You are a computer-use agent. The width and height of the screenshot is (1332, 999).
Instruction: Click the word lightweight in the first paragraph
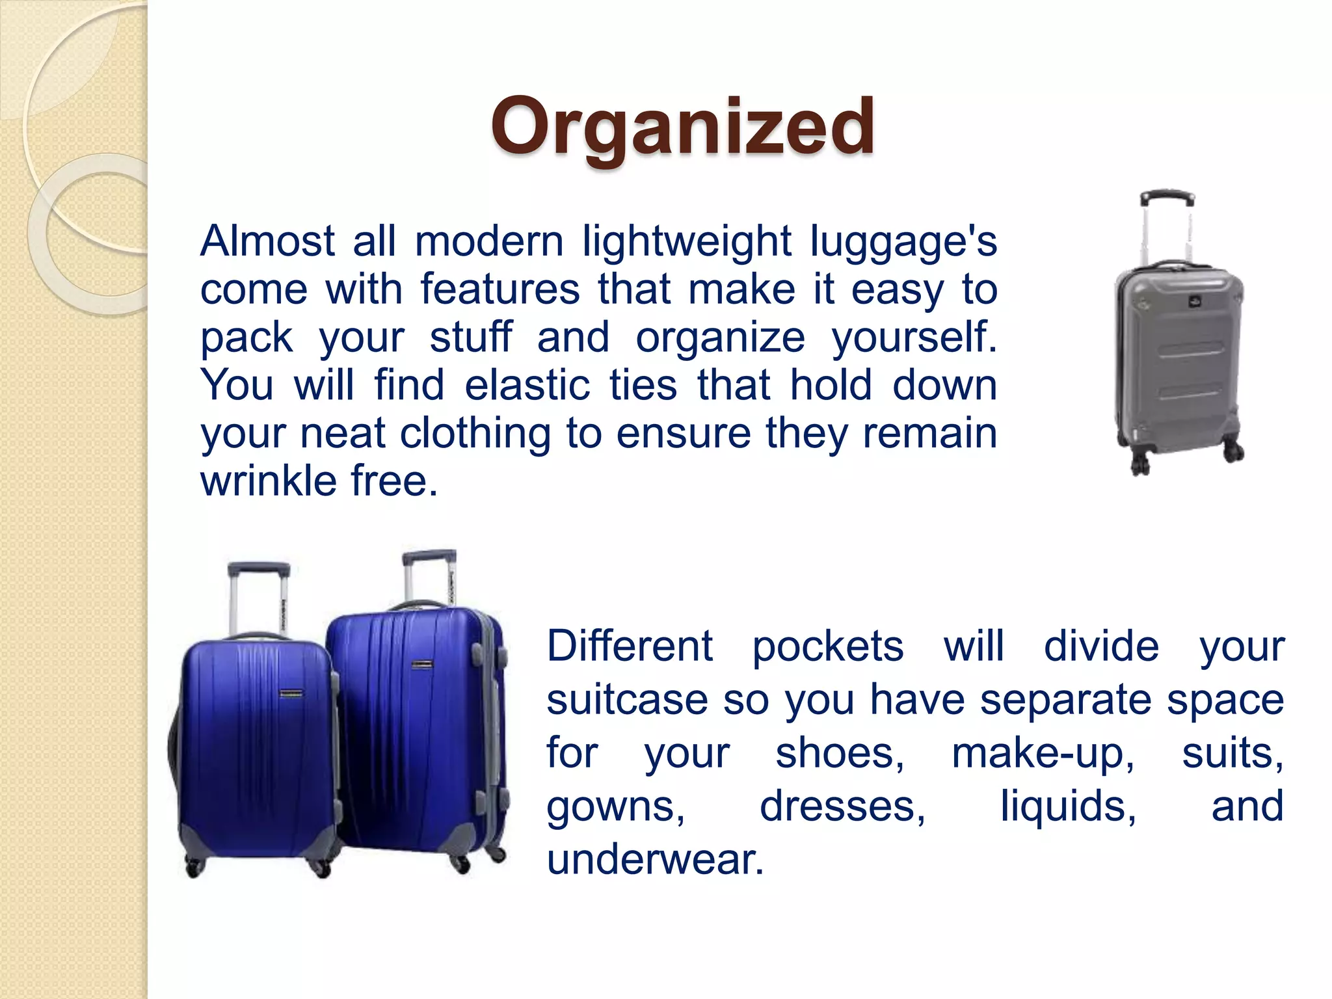[x=686, y=242]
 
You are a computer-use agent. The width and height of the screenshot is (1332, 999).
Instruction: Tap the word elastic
[x=527, y=385]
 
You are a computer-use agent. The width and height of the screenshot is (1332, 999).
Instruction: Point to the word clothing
[x=475, y=433]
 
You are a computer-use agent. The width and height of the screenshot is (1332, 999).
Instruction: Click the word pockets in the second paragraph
[x=827, y=647]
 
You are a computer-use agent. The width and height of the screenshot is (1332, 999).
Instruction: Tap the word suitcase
[x=626, y=700]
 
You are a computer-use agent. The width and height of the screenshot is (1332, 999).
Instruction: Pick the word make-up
[x=1043, y=754]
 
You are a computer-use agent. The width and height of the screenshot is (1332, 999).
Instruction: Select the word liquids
[x=1068, y=807]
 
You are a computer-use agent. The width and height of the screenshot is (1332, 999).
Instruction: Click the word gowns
[x=615, y=807]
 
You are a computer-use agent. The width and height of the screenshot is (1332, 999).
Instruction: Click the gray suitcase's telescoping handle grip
[x=1167, y=196]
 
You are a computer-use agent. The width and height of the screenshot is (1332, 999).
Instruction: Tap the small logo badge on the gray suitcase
[x=1195, y=301]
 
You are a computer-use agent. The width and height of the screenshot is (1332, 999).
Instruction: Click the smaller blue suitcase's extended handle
[x=258, y=569]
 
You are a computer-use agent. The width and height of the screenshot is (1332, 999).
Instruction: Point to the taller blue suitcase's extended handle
[x=429, y=557]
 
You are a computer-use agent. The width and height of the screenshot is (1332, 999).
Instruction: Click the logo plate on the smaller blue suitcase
[x=291, y=693]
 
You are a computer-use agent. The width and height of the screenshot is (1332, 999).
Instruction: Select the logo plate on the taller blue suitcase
[x=422, y=664]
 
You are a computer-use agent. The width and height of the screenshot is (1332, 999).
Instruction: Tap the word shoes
[x=839, y=754]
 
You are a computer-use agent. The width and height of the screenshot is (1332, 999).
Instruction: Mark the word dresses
[x=842, y=807]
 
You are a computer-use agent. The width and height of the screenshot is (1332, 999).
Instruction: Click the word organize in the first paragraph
[x=720, y=338]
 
